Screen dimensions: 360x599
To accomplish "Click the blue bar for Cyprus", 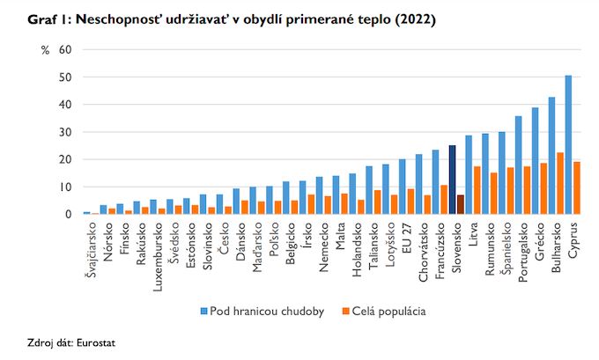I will (568, 145).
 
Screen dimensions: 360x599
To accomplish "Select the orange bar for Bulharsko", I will (560, 183).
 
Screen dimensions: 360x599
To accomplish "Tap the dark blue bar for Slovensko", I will (452, 180).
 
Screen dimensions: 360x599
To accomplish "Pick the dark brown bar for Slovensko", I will (461, 204).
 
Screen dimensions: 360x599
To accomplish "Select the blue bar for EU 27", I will (403, 187).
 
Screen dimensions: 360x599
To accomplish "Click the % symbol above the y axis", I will (45, 50).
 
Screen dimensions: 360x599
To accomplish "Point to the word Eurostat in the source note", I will (96, 342).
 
